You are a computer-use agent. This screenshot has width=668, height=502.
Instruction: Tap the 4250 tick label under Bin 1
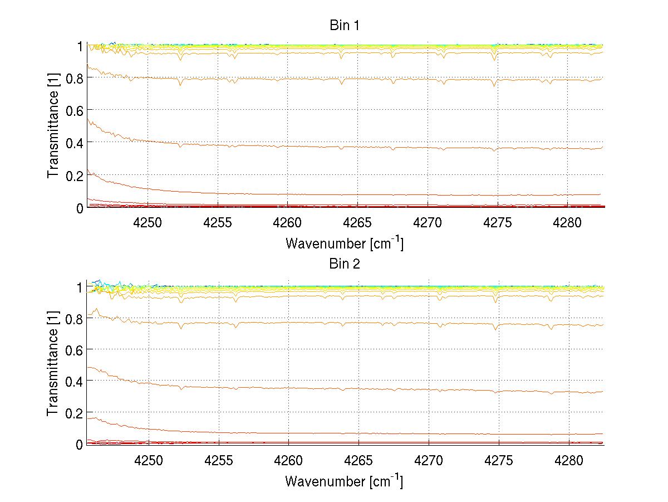(x=148, y=222)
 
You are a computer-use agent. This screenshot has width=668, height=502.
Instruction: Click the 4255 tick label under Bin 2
(x=218, y=460)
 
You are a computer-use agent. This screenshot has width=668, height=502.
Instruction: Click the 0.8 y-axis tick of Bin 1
(x=73, y=78)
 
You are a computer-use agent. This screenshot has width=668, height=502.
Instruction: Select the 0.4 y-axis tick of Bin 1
(x=73, y=143)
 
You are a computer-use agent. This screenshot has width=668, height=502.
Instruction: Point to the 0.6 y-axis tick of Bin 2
(x=73, y=349)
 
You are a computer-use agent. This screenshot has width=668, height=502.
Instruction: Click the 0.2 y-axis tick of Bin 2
(x=73, y=413)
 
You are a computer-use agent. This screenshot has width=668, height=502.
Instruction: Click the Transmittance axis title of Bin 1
(x=53, y=126)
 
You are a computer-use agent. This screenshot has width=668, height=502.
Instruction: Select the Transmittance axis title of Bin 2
(x=53, y=364)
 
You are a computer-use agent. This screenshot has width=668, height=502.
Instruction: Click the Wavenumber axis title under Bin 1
(x=344, y=243)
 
